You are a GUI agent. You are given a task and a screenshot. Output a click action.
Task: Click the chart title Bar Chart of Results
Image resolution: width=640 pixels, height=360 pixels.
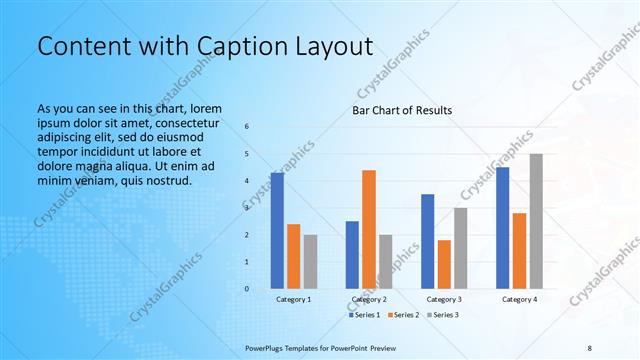402,110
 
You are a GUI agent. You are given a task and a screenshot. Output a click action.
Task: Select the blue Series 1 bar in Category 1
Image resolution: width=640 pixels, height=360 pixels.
277,230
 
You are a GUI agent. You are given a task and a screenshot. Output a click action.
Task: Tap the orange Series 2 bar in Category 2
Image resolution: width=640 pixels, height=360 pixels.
369,229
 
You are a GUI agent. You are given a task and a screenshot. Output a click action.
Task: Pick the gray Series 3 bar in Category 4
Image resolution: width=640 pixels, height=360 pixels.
536,221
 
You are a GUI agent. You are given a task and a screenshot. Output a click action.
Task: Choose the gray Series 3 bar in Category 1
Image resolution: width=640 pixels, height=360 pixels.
310,261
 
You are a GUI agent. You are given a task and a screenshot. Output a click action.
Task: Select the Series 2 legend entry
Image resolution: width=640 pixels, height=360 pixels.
402,315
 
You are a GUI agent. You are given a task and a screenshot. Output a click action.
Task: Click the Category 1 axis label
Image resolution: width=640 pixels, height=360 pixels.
294,299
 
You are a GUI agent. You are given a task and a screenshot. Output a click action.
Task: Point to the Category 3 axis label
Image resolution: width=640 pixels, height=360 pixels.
444,299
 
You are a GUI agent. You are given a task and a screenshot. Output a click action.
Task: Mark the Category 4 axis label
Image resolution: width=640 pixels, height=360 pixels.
519,299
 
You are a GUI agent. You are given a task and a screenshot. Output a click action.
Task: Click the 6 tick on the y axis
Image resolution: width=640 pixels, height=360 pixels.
247,126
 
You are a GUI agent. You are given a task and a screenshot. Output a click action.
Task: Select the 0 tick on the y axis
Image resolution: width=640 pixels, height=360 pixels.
247,289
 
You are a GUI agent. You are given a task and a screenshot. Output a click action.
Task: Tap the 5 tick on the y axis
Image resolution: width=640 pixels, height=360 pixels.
247,153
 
